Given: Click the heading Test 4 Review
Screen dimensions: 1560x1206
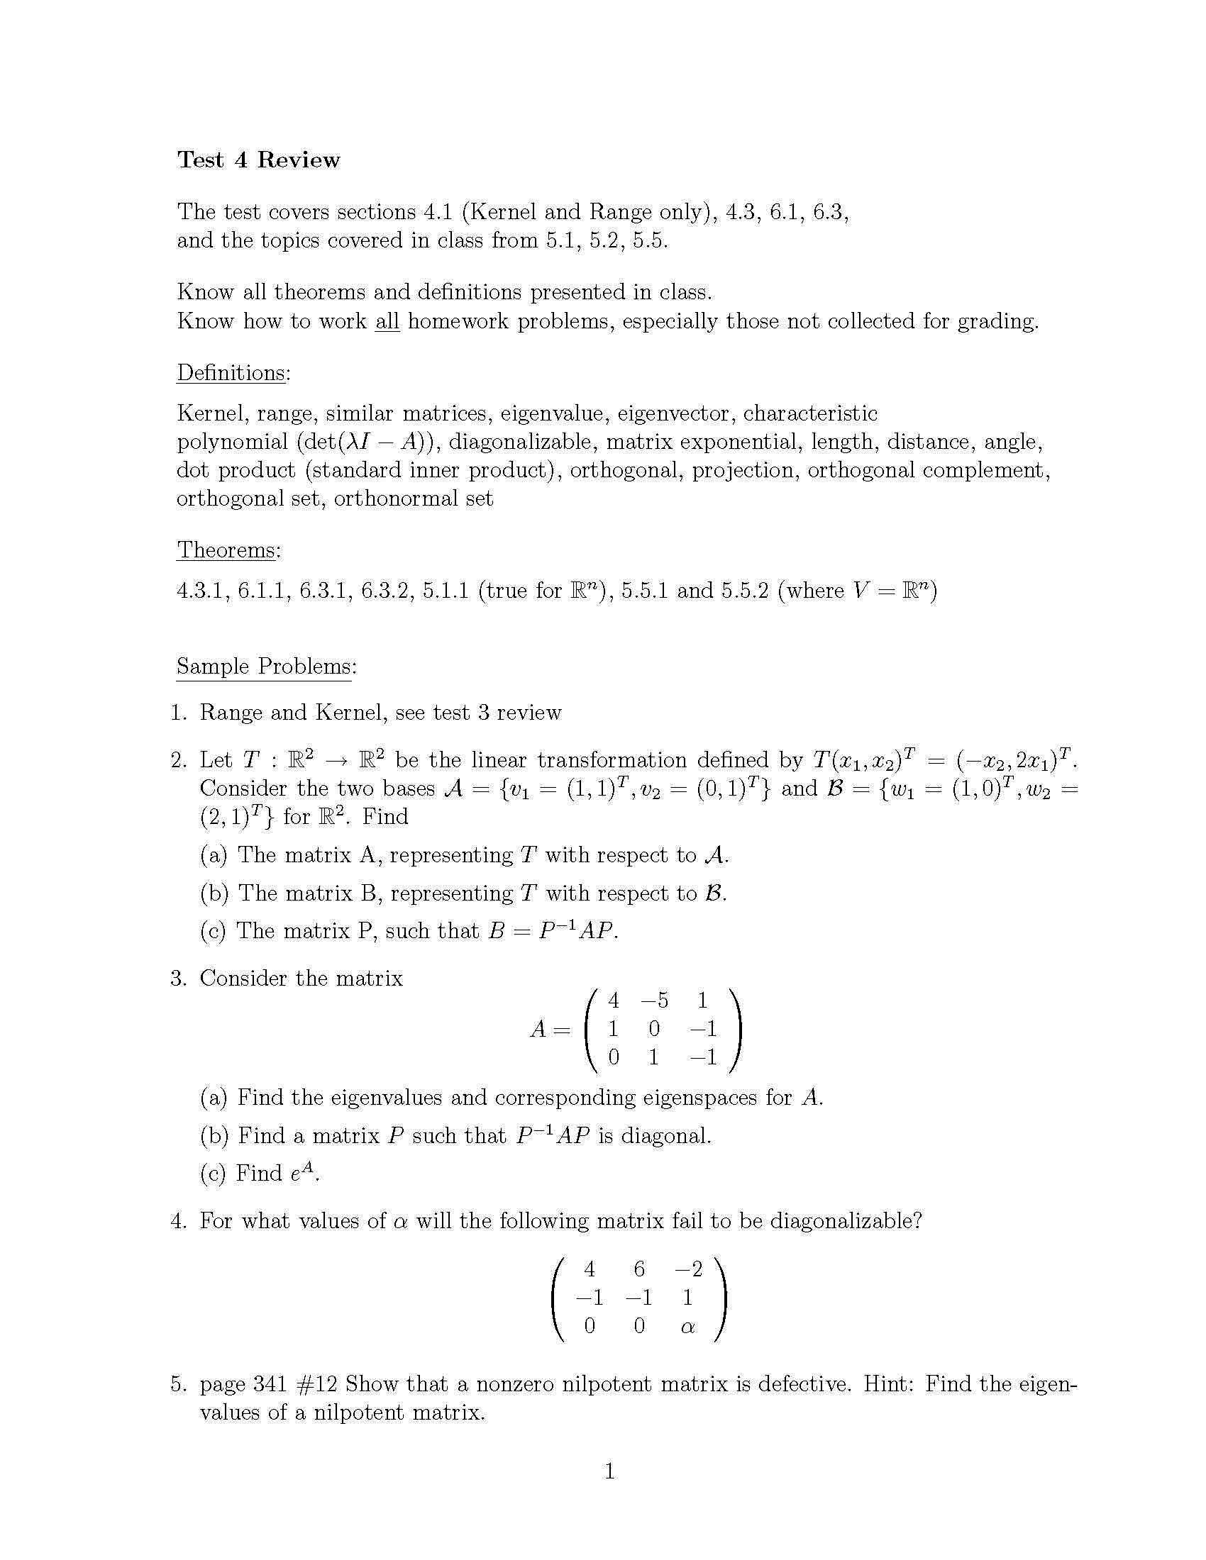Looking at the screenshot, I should pyautogui.click(x=258, y=160).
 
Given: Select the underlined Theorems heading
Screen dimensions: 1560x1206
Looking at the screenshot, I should pyautogui.click(x=228, y=550).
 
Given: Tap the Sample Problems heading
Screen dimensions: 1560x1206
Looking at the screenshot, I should pyautogui.click(x=266, y=667).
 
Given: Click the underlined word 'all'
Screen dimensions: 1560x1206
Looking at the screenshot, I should pyautogui.click(x=387, y=321).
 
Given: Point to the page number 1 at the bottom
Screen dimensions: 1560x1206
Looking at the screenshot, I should pyautogui.click(x=609, y=1471).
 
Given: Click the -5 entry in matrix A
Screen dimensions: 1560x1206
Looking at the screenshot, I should pyautogui.click(x=655, y=1001).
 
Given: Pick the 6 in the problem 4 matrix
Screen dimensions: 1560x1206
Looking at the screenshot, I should pyautogui.click(x=638, y=1269).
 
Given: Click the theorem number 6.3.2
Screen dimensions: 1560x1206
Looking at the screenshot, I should pyautogui.click(x=387, y=591).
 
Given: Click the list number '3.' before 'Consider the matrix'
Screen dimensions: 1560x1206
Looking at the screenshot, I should pyautogui.click(x=179, y=978).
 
